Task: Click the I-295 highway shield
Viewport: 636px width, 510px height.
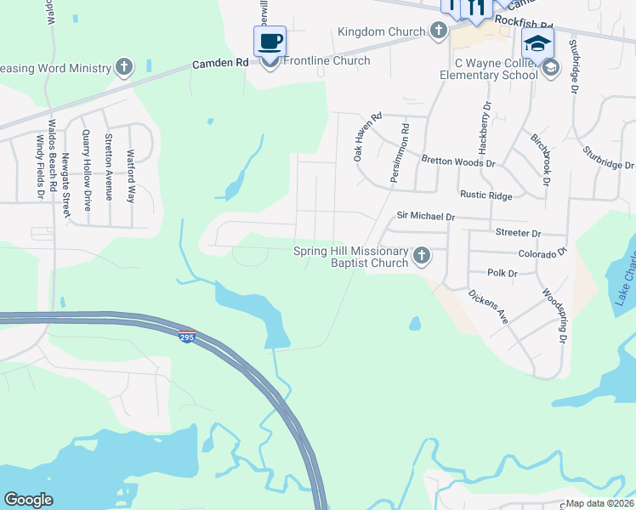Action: click(x=188, y=337)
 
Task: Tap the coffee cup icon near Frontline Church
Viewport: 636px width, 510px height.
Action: click(x=270, y=42)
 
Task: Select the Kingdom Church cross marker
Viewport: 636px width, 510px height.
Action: click(x=438, y=32)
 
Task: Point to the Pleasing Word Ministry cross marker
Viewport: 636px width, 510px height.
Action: click(x=124, y=68)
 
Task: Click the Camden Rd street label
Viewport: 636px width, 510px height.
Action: click(x=220, y=63)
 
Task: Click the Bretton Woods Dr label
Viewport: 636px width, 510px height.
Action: click(x=458, y=161)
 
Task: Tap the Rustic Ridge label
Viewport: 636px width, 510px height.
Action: click(x=486, y=195)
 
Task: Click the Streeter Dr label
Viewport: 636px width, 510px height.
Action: click(x=518, y=233)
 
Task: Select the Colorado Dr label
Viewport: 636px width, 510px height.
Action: click(x=542, y=253)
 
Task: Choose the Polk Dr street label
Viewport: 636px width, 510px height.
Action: click(x=503, y=273)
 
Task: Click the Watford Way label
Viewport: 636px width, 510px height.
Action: click(x=130, y=176)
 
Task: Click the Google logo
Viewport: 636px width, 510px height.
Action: click(x=28, y=500)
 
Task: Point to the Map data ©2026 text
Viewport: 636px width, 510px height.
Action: click(x=599, y=503)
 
